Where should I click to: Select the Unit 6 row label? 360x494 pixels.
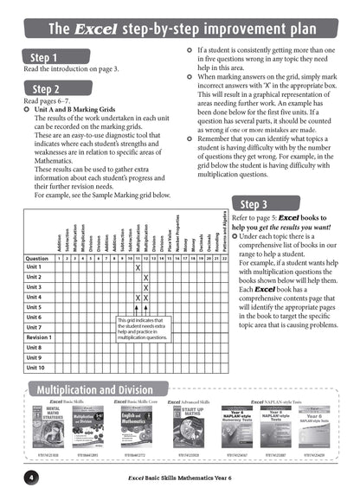pos(35,317)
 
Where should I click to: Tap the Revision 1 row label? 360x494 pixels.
pos(39,337)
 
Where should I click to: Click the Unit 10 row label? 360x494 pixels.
pos(35,366)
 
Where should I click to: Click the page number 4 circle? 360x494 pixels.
pos(29,478)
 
